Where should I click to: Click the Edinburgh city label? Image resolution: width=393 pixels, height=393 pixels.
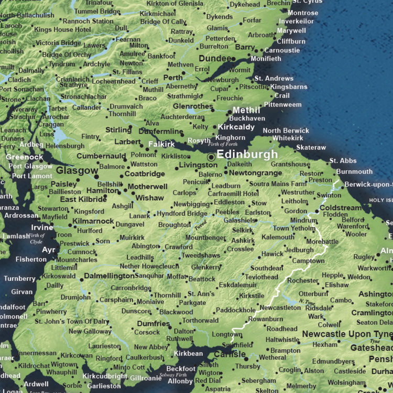pos(247,155)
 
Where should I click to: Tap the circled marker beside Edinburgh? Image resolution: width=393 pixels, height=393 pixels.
pos(211,156)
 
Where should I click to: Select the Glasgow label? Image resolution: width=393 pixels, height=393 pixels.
pos(77,170)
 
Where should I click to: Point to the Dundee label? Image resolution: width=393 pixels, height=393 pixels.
pos(215,59)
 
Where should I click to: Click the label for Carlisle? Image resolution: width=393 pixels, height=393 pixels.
pos(230,355)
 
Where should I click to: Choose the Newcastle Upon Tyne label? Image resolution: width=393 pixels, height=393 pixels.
pos(346,334)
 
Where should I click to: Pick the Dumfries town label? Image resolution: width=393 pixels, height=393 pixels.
pos(153,324)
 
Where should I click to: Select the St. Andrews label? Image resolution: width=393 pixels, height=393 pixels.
pos(274,79)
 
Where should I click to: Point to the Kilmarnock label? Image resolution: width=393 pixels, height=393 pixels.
pos(93,221)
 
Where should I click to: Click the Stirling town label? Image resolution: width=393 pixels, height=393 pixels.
pos(118,130)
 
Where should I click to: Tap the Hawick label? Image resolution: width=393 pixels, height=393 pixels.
pos(272,254)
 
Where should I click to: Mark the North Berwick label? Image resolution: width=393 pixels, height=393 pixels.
pos(286,130)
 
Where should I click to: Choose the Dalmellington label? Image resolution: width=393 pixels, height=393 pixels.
pos(109,276)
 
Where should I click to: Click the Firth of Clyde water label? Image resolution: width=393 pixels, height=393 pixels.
pos(37,238)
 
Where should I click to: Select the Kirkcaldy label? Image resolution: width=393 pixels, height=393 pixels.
pos(236,127)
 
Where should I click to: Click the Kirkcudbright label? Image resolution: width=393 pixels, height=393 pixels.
pos(105,376)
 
